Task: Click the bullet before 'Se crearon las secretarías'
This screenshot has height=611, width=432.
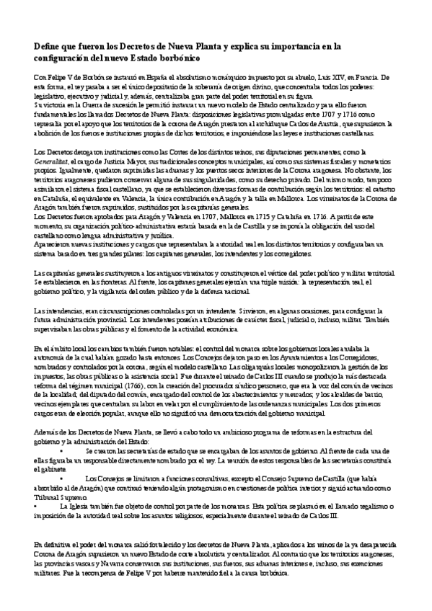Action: click(63, 448)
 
